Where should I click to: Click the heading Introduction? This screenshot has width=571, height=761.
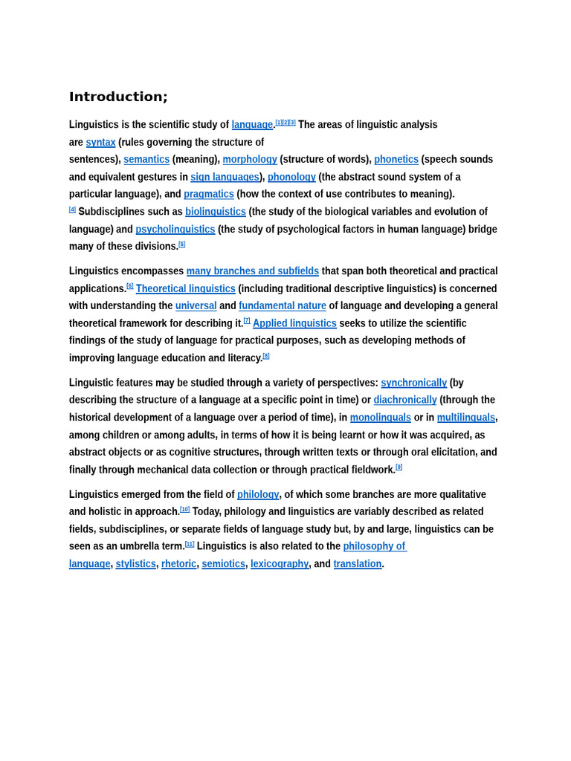pos(118,97)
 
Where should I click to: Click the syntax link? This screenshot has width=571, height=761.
pos(100,142)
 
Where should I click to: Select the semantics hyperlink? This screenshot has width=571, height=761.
pos(146,159)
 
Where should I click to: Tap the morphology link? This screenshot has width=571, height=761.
pos(250,159)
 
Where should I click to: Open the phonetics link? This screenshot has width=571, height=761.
pos(396,159)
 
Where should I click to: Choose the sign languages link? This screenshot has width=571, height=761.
pos(225,177)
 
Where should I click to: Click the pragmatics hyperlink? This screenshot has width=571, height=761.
pos(209,194)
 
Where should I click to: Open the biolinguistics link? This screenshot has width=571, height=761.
pos(216,212)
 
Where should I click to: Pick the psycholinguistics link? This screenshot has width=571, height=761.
pos(175,229)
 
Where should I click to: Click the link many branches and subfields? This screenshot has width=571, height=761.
pos(253,271)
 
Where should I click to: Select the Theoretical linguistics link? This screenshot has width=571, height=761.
pos(186,288)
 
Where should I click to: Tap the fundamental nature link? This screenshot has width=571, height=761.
pos(283,305)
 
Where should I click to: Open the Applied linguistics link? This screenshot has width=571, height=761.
pos(294,323)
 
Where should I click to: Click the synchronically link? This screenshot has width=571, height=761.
pos(414,383)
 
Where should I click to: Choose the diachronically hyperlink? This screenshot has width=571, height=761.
pos(405,400)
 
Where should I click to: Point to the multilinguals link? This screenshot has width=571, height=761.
pos(466,418)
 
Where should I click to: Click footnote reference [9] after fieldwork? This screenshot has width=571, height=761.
pos(399,467)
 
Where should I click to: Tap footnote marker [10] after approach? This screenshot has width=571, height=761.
pos(185,510)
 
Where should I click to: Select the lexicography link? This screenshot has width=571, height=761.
pos(280,564)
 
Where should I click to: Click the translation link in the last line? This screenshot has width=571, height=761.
pos(358,564)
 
